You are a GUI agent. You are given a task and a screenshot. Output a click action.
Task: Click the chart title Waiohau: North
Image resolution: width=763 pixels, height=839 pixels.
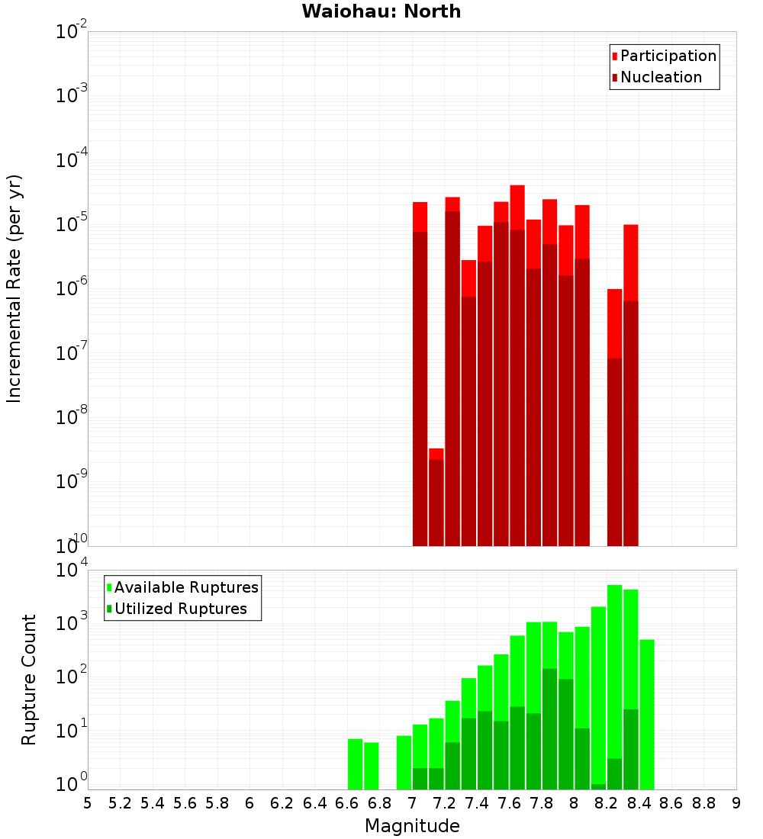point(381,11)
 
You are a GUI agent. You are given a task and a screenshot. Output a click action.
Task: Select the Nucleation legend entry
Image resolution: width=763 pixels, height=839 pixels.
point(661,77)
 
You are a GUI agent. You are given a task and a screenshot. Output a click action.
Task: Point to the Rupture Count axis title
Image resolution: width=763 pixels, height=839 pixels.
point(29,680)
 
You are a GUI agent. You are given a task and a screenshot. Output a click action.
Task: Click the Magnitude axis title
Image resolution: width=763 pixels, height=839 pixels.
point(412,826)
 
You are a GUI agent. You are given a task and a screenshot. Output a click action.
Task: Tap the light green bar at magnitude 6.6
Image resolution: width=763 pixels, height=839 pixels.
point(355,763)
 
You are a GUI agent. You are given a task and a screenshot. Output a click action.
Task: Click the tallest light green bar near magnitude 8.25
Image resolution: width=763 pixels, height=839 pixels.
point(615,686)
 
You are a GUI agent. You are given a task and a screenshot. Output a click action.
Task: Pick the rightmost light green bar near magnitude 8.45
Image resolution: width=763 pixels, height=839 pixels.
point(647,714)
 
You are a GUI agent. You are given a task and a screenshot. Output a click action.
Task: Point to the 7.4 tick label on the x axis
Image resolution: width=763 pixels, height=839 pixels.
point(478,803)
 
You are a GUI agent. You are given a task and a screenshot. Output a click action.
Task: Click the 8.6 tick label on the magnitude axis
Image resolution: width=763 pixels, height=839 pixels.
point(671,803)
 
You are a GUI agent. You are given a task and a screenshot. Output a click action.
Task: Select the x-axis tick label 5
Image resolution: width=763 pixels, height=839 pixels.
point(88,803)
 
